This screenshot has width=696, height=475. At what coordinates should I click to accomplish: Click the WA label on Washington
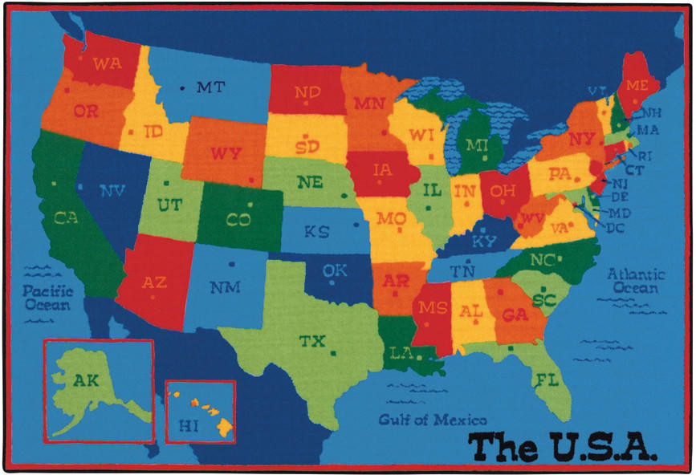pyautogui.click(x=107, y=63)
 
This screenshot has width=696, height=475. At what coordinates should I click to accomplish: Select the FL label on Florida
pyautogui.click(x=547, y=379)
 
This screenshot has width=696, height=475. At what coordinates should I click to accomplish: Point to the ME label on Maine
pyautogui.click(x=637, y=85)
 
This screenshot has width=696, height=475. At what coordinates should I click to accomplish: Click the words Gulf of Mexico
pyautogui.click(x=433, y=420)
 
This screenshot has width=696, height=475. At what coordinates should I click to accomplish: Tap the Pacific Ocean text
pyautogui.click(x=47, y=298)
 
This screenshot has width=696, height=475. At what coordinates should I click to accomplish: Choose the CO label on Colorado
pyautogui.click(x=238, y=219)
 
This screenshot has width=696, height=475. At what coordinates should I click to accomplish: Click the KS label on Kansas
pyautogui.click(x=316, y=231)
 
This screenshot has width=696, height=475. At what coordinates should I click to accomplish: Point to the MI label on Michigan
pyautogui.click(x=477, y=145)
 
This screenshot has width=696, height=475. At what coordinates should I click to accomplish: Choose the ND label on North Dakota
pyautogui.click(x=307, y=92)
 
